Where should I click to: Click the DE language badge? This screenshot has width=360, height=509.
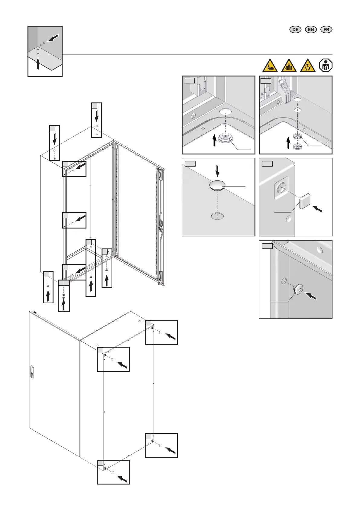(x=295, y=29)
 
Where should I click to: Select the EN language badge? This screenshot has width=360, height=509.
(x=311, y=29)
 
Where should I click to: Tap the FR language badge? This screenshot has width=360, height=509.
(x=326, y=29)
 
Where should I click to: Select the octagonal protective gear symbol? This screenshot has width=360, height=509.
(x=326, y=66)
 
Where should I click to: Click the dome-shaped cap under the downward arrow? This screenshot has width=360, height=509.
(x=217, y=185)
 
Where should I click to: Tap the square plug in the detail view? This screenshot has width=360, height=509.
(x=305, y=201)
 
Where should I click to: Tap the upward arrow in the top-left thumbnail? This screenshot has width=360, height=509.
(x=38, y=63)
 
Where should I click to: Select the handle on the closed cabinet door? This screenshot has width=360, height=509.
(x=32, y=371)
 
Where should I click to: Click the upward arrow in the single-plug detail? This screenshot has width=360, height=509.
(x=215, y=141)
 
